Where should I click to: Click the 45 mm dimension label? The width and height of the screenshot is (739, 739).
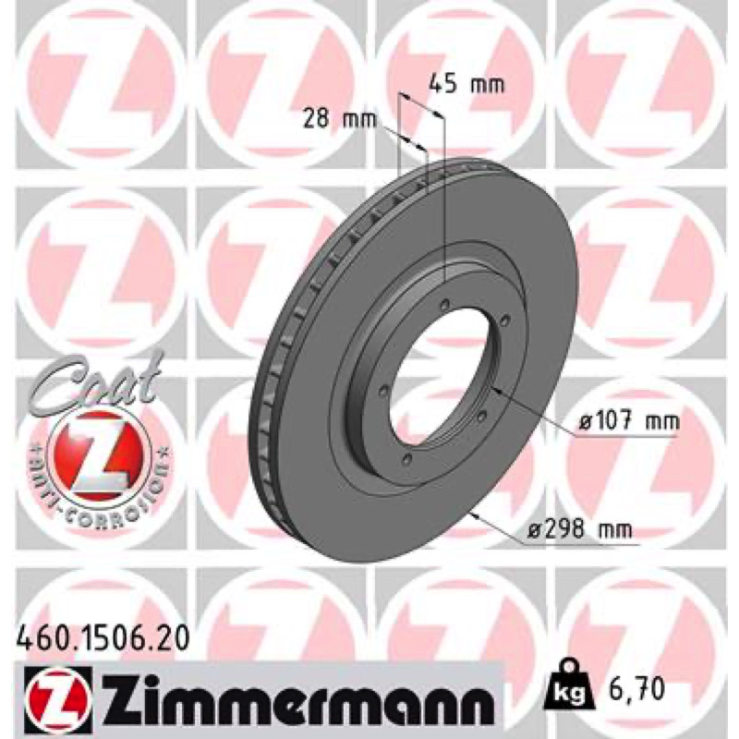click(x=466, y=84)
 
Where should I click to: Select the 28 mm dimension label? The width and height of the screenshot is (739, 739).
click(x=340, y=119)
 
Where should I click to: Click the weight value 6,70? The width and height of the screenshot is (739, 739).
click(x=633, y=688)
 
